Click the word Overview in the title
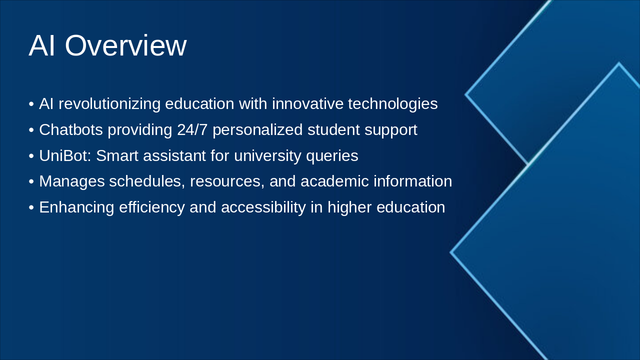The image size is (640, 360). (125, 45)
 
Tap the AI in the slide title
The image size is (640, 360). (41, 45)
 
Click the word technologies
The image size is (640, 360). (392, 104)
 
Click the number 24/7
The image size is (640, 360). (192, 130)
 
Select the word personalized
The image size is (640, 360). (257, 130)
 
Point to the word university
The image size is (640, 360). (267, 156)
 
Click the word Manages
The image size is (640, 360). (72, 181)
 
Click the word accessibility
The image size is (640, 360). (263, 207)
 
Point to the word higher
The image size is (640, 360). (349, 207)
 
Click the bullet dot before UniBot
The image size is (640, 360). (31, 156)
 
